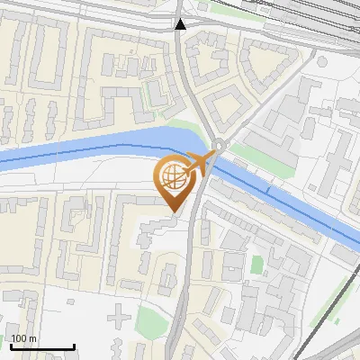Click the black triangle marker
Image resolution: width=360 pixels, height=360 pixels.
[x=181, y=24]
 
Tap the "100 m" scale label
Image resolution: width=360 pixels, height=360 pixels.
[x=24, y=338]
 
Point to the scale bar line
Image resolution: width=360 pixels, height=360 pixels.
[x=42, y=346]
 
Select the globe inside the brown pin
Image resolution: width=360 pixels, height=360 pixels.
[x=172, y=177]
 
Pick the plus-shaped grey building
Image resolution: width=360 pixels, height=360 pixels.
[x=117, y=317]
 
